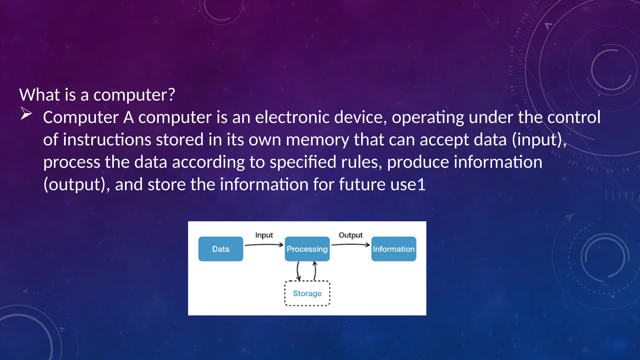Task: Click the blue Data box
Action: click(x=221, y=249)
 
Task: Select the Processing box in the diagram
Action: click(x=307, y=249)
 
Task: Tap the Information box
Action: click(x=394, y=249)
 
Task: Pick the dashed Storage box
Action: click(x=307, y=293)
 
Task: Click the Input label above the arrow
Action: click(x=264, y=235)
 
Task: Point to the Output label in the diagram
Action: click(x=351, y=235)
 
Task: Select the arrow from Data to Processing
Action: click(x=264, y=245)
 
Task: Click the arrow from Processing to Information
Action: click(x=350, y=245)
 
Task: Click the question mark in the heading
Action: click(x=171, y=94)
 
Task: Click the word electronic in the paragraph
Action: click(x=292, y=117)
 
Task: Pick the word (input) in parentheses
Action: click(x=538, y=140)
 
